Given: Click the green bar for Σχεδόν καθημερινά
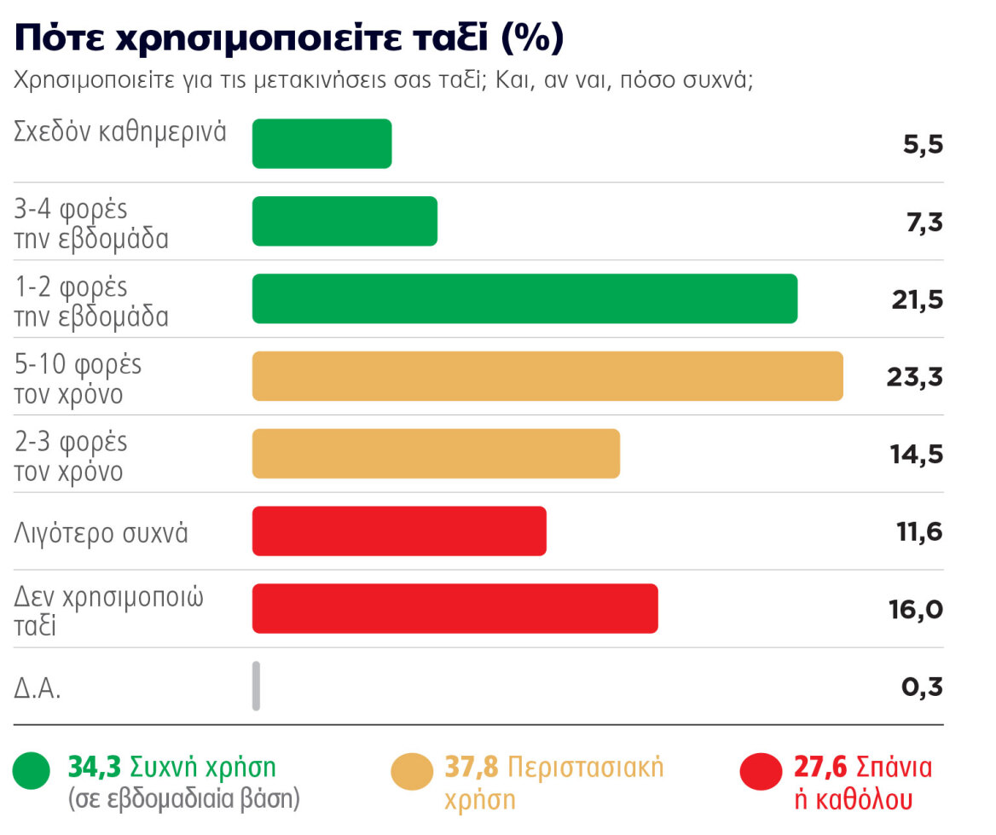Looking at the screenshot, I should (x=321, y=143).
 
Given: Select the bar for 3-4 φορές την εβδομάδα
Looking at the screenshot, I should (x=345, y=221).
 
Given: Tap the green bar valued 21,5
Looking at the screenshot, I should (x=524, y=299).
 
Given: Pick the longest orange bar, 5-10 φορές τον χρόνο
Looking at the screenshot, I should (x=547, y=376).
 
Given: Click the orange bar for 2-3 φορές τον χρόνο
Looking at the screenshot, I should (x=436, y=454).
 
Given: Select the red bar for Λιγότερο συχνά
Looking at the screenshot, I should (x=399, y=531).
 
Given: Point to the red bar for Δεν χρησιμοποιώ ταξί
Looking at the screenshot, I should (x=455, y=609).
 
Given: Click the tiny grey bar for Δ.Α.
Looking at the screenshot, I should (x=256, y=686).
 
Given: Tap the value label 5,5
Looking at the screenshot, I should (x=923, y=144).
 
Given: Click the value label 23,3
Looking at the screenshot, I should (x=915, y=377).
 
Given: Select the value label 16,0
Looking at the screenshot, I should (x=916, y=610).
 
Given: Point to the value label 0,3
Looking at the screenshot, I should (x=922, y=687).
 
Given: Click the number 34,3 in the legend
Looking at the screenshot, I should (x=94, y=767).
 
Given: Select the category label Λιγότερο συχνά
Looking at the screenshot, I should (x=101, y=533).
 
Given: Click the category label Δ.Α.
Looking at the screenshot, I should (x=38, y=688).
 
